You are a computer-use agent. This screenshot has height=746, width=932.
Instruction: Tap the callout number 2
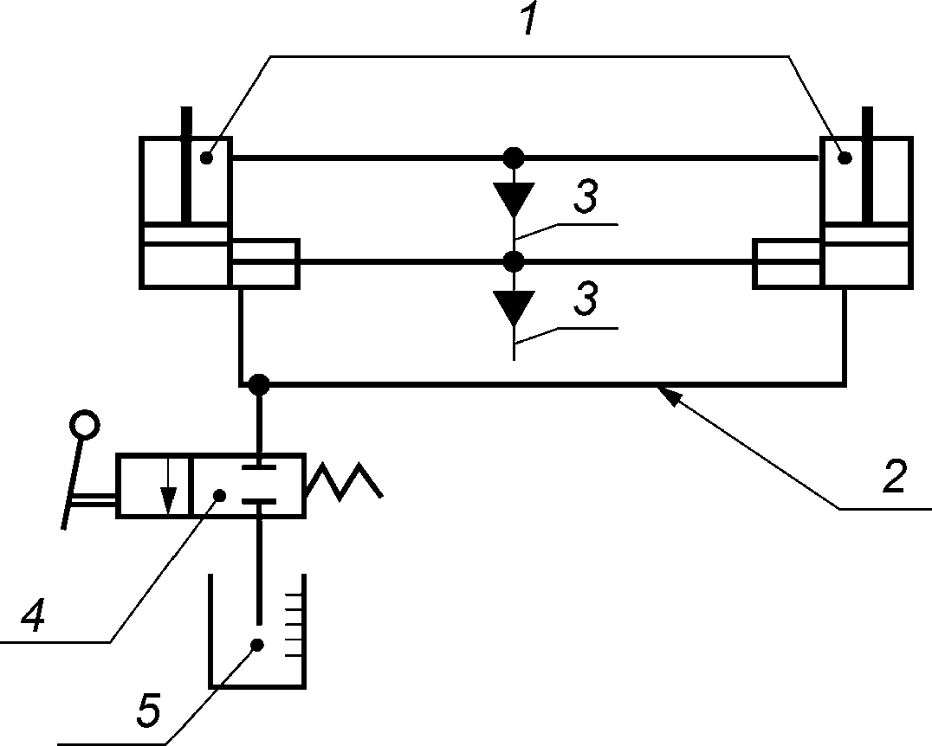tap(895, 475)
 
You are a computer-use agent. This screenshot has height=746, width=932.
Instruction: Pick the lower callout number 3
tap(586, 299)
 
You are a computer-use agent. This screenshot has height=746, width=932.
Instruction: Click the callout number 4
tap(34, 614)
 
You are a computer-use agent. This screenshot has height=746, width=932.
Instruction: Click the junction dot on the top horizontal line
tap(514, 158)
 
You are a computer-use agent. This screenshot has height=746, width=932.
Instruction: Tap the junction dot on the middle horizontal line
tap(514, 261)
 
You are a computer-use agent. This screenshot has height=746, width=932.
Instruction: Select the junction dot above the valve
tap(259, 384)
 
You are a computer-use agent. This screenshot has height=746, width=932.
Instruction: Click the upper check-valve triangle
tap(515, 199)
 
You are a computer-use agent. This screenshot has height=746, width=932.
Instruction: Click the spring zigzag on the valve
tap(344, 481)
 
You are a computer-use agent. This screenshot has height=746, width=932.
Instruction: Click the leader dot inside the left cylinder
tap(207, 158)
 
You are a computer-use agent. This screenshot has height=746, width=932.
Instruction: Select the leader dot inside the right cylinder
tap(844, 158)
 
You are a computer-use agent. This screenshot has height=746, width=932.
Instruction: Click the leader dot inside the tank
tap(257, 645)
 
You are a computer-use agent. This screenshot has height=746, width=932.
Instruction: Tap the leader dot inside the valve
tap(220, 495)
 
